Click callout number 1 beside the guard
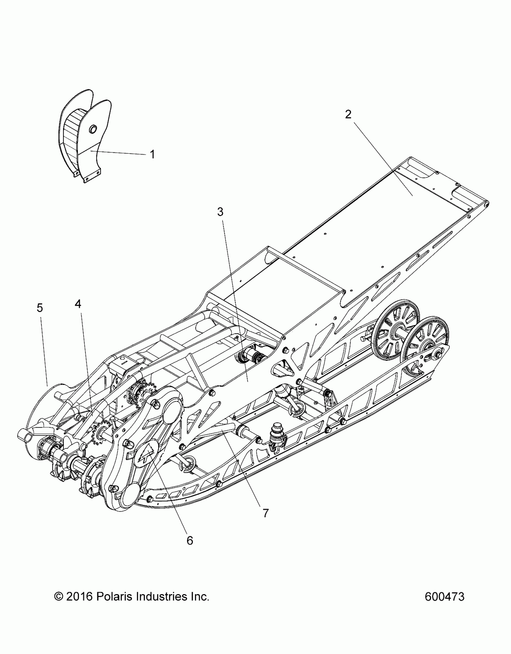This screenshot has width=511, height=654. point(152,155)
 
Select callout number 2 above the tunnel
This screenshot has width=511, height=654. point(348,114)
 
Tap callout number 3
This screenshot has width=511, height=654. point(220,212)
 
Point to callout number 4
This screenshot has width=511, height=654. point(78,304)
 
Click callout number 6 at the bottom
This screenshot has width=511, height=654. point(190,541)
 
